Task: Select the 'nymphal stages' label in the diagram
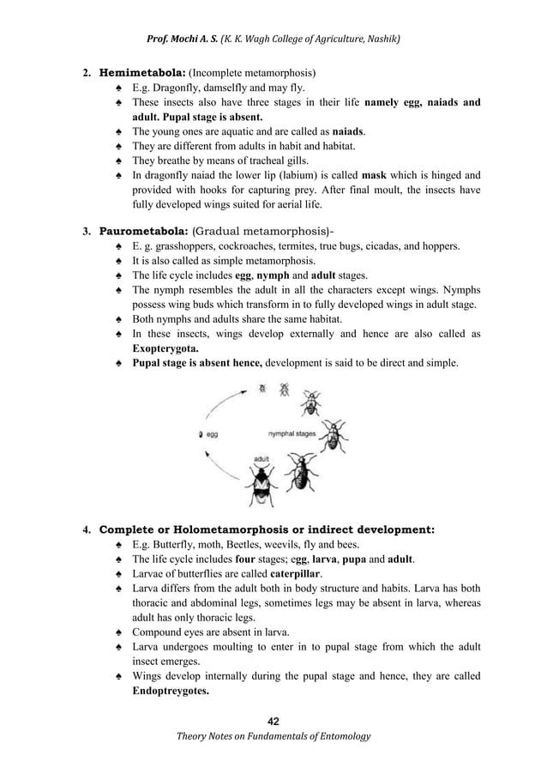[292, 434]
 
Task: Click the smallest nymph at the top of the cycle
[263, 389]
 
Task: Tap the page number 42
[273, 719]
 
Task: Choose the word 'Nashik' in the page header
[381, 39]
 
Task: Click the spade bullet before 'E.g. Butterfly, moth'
[118, 544]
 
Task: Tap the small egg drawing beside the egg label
[201, 434]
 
